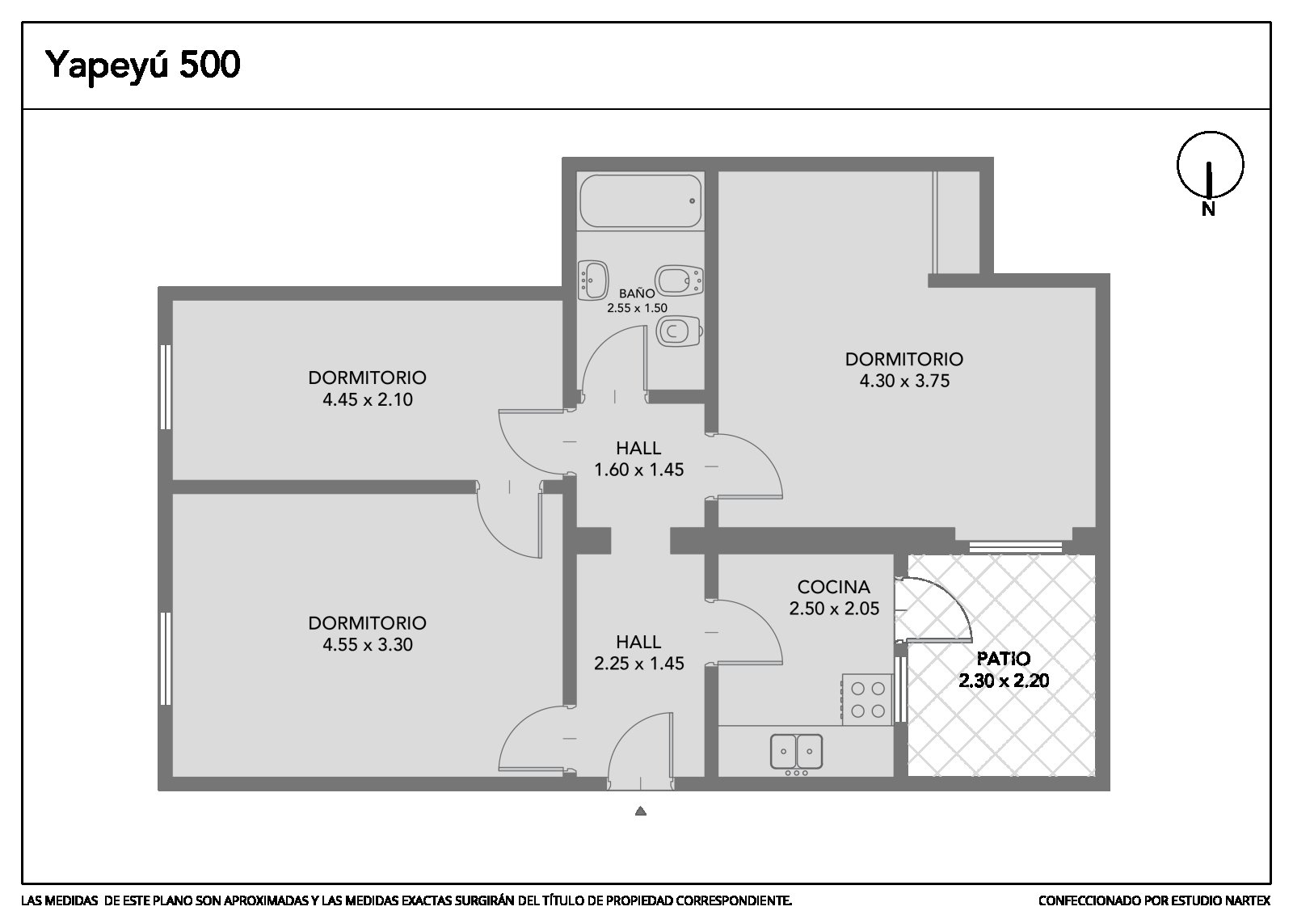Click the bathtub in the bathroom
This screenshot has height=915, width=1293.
[640, 201]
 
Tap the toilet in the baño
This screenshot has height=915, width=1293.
[679, 331]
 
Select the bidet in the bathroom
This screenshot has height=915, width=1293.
[679, 281]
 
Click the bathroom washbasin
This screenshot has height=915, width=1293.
[593, 280]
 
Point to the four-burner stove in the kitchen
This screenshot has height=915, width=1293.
[867, 699]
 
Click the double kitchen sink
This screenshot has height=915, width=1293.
[797, 751]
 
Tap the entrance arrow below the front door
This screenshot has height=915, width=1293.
[640, 811]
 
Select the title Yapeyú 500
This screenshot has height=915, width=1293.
[142, 65]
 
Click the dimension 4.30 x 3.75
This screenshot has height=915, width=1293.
[904, 381]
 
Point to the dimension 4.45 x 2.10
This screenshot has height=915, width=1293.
[368, 399]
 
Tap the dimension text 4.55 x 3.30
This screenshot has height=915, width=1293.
[368, 644]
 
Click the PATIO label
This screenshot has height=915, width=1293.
[1003, 659]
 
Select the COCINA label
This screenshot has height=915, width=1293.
[833, 587]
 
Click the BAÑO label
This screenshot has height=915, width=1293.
[637, 293]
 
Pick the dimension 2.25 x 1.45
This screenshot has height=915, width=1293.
[639, 664]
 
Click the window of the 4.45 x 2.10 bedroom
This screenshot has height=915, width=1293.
[166, 387]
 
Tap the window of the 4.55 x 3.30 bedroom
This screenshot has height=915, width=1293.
[166, 659]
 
